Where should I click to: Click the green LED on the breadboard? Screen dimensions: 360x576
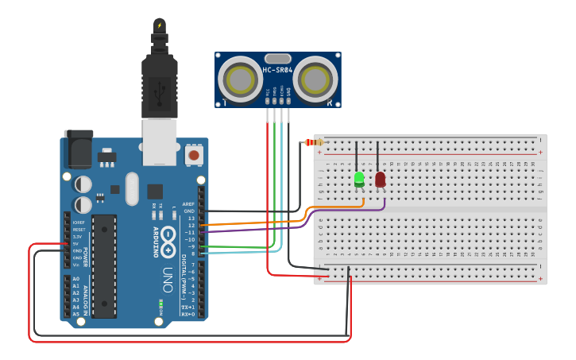coord(359,179)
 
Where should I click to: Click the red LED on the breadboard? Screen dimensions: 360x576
coord(380,179)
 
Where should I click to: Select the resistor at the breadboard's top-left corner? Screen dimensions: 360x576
coord(314,143)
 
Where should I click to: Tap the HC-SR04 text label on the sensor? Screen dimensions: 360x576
coord(277,70)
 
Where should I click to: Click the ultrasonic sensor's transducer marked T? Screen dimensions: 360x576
coord(239,79)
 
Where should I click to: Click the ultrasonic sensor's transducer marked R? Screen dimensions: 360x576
coord(316,79)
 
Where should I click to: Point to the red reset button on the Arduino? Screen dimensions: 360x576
coord(192,155)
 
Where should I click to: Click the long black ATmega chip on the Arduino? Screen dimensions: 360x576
coord(104,265)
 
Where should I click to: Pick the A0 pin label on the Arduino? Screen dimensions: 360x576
coord(76,279)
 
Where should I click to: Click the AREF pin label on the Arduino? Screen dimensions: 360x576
coord(188,203)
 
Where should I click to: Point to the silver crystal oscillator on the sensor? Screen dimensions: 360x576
coord(277,58)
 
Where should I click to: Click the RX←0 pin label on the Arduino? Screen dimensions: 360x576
coord(188,314)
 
